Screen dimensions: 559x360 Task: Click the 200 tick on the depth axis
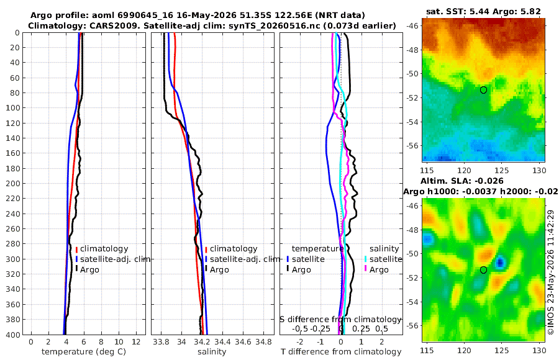tap(12, 183)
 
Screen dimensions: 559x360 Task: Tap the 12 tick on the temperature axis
tap(136, 342)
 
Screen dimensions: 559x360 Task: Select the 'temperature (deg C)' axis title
tap(84, 352)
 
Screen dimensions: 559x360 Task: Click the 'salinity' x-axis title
tap(212, 352)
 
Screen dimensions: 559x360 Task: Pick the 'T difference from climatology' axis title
tap(341, 352)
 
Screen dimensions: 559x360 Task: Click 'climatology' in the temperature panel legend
tap(104, 249)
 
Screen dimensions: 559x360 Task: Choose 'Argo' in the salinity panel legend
tap(219, 270)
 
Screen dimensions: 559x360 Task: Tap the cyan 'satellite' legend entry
tap(386, 259)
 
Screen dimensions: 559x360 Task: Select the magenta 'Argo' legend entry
tap(379, 270)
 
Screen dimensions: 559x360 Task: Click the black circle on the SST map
tap(483, 90)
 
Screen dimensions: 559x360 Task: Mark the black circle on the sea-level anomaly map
tap(483, 270)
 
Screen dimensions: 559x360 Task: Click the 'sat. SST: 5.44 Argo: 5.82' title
tap(483, 11)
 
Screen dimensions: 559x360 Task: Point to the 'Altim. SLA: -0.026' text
tap(462, 181)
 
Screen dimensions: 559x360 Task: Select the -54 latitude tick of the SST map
tap(412, 122)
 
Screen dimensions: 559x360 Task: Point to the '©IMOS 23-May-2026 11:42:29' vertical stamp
tap(551, 272)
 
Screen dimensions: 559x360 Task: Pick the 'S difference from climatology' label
tap(340, 320)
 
